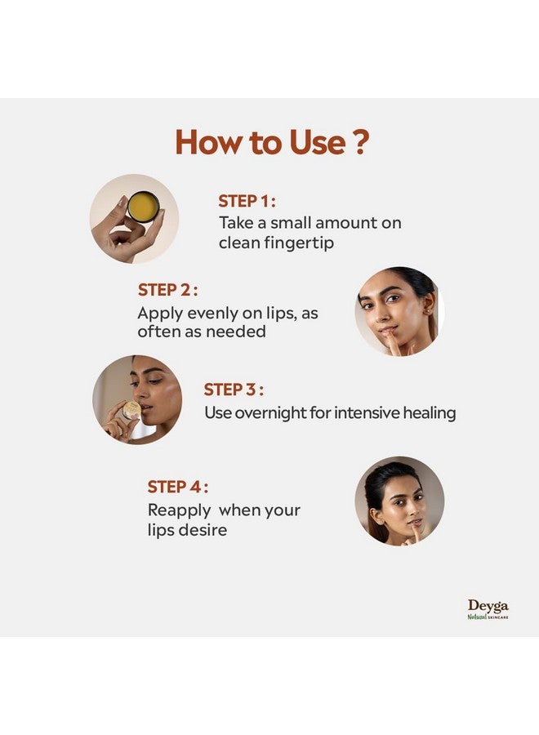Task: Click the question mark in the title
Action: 360,142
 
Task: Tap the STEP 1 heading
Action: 247,201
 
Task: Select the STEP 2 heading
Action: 167,290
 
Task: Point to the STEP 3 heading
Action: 234,390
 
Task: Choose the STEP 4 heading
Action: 178,487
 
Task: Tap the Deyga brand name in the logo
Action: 488,606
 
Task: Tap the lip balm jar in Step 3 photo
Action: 131,409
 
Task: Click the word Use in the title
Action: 318,142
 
